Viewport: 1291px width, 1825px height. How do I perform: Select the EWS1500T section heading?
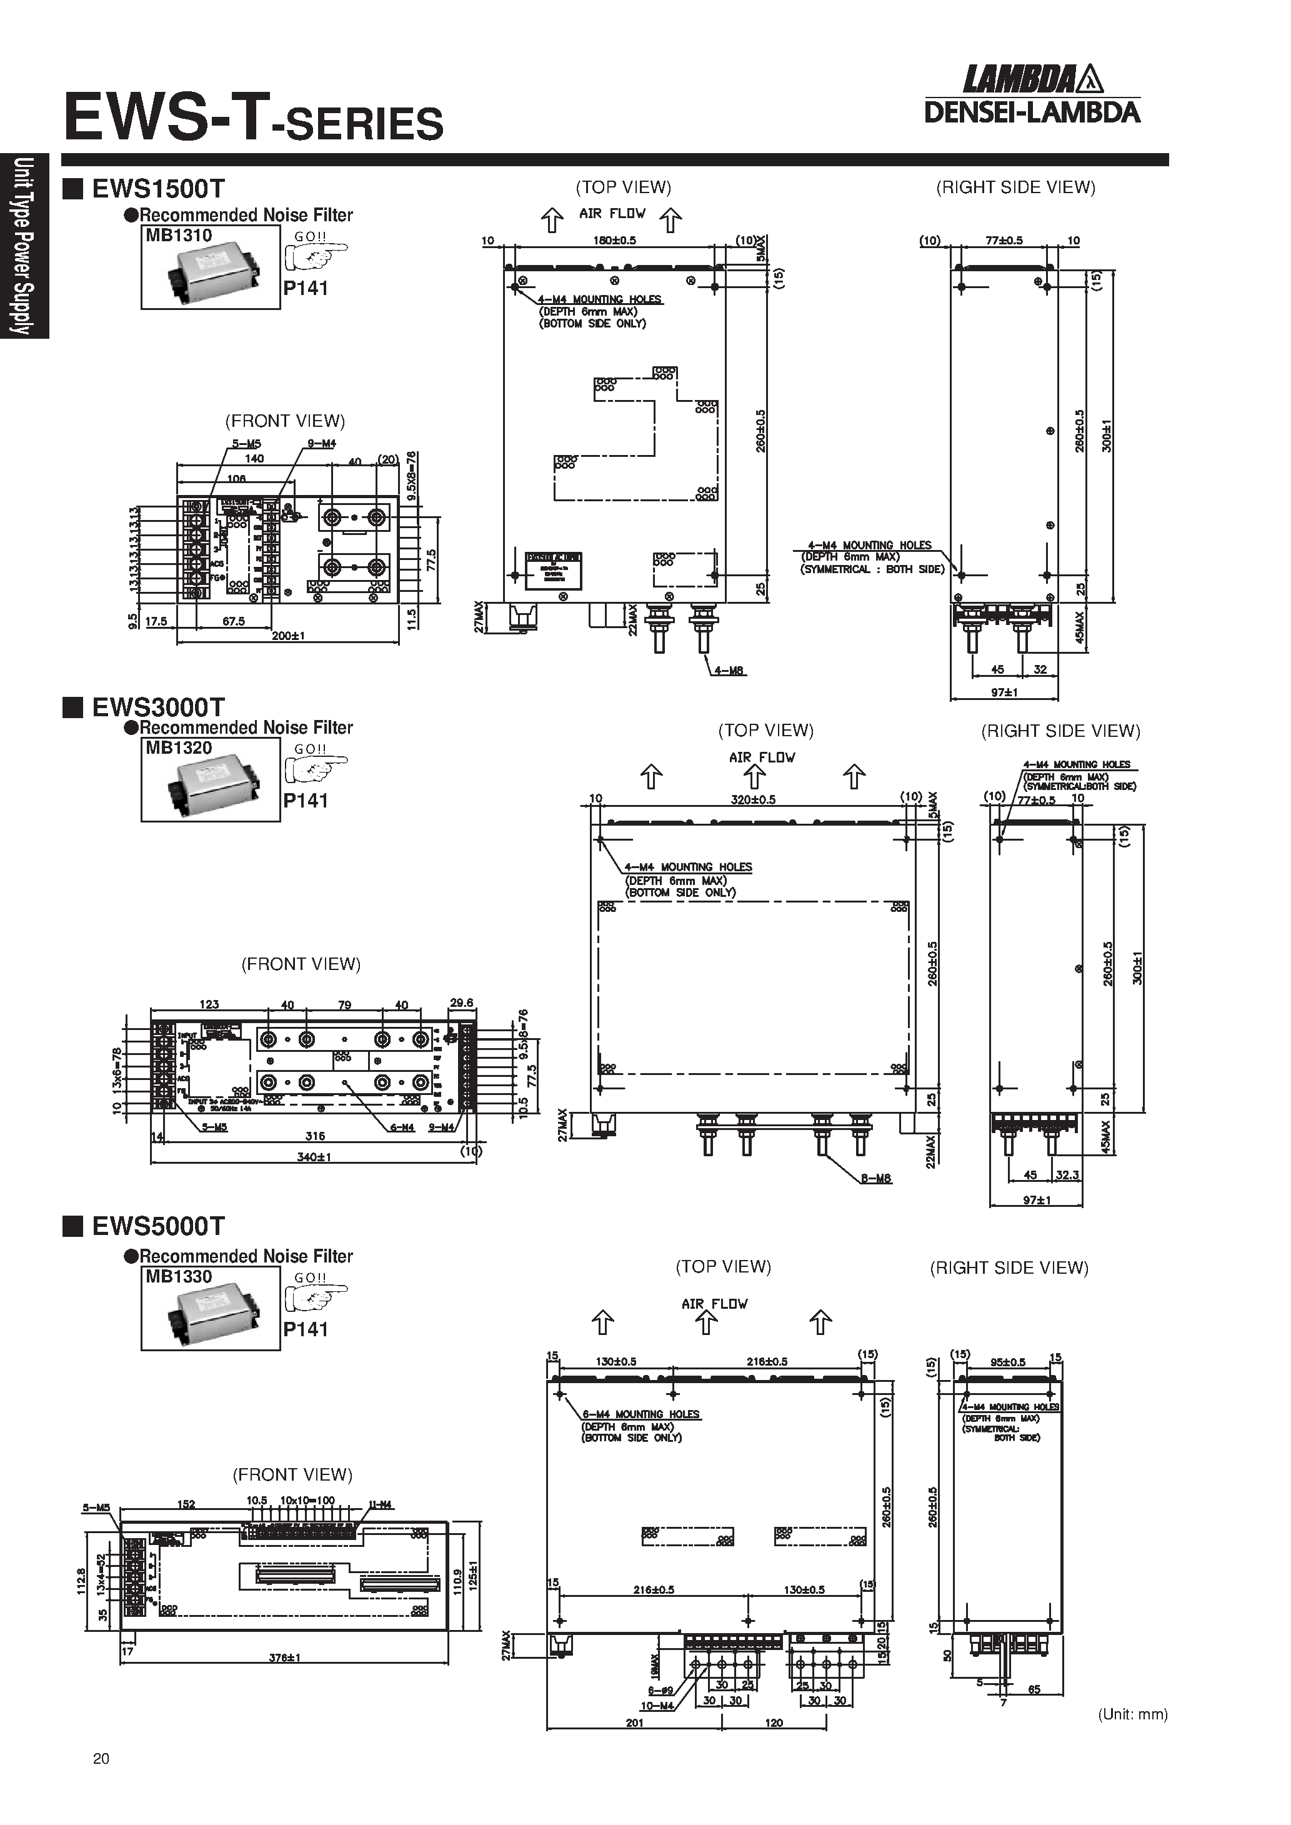pyautogui.click(x=158, y=189)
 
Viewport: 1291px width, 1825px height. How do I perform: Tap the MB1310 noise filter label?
pyautogui.click(x=179, y=235)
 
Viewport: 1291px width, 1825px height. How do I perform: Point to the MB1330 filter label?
pyautogui.click(x=179, y=1277)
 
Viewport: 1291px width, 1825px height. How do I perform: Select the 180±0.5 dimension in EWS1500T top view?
pyautogui.click(x=614, y=240)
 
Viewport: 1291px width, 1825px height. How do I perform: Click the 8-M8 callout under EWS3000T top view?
pyautogui.click(x=875, y=1179)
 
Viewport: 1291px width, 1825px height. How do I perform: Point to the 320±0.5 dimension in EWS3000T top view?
pyautogui.click(x=753, y=799)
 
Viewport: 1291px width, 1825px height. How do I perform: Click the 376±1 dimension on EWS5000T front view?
pyautogui.click(x=284, y=1658)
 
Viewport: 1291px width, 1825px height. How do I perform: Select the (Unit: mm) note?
pyautogui.click(x=1132, y=1714)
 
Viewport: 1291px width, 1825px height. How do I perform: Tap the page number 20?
pyautogui.click(x=101, y=1759)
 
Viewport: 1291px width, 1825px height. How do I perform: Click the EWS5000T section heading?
pyautogui.click(x=158, y=1226)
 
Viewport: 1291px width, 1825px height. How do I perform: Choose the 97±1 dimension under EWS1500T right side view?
pyautogui.click(x=1004, y=692)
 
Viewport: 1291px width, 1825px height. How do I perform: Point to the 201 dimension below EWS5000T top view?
pyautogui.click(x=634, y=1723)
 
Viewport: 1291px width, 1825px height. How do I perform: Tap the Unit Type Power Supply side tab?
pyautogui.click(x=24, y=246)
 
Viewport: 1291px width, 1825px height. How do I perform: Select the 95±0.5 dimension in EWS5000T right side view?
pyautogui.click(x=1007, y=1362)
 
